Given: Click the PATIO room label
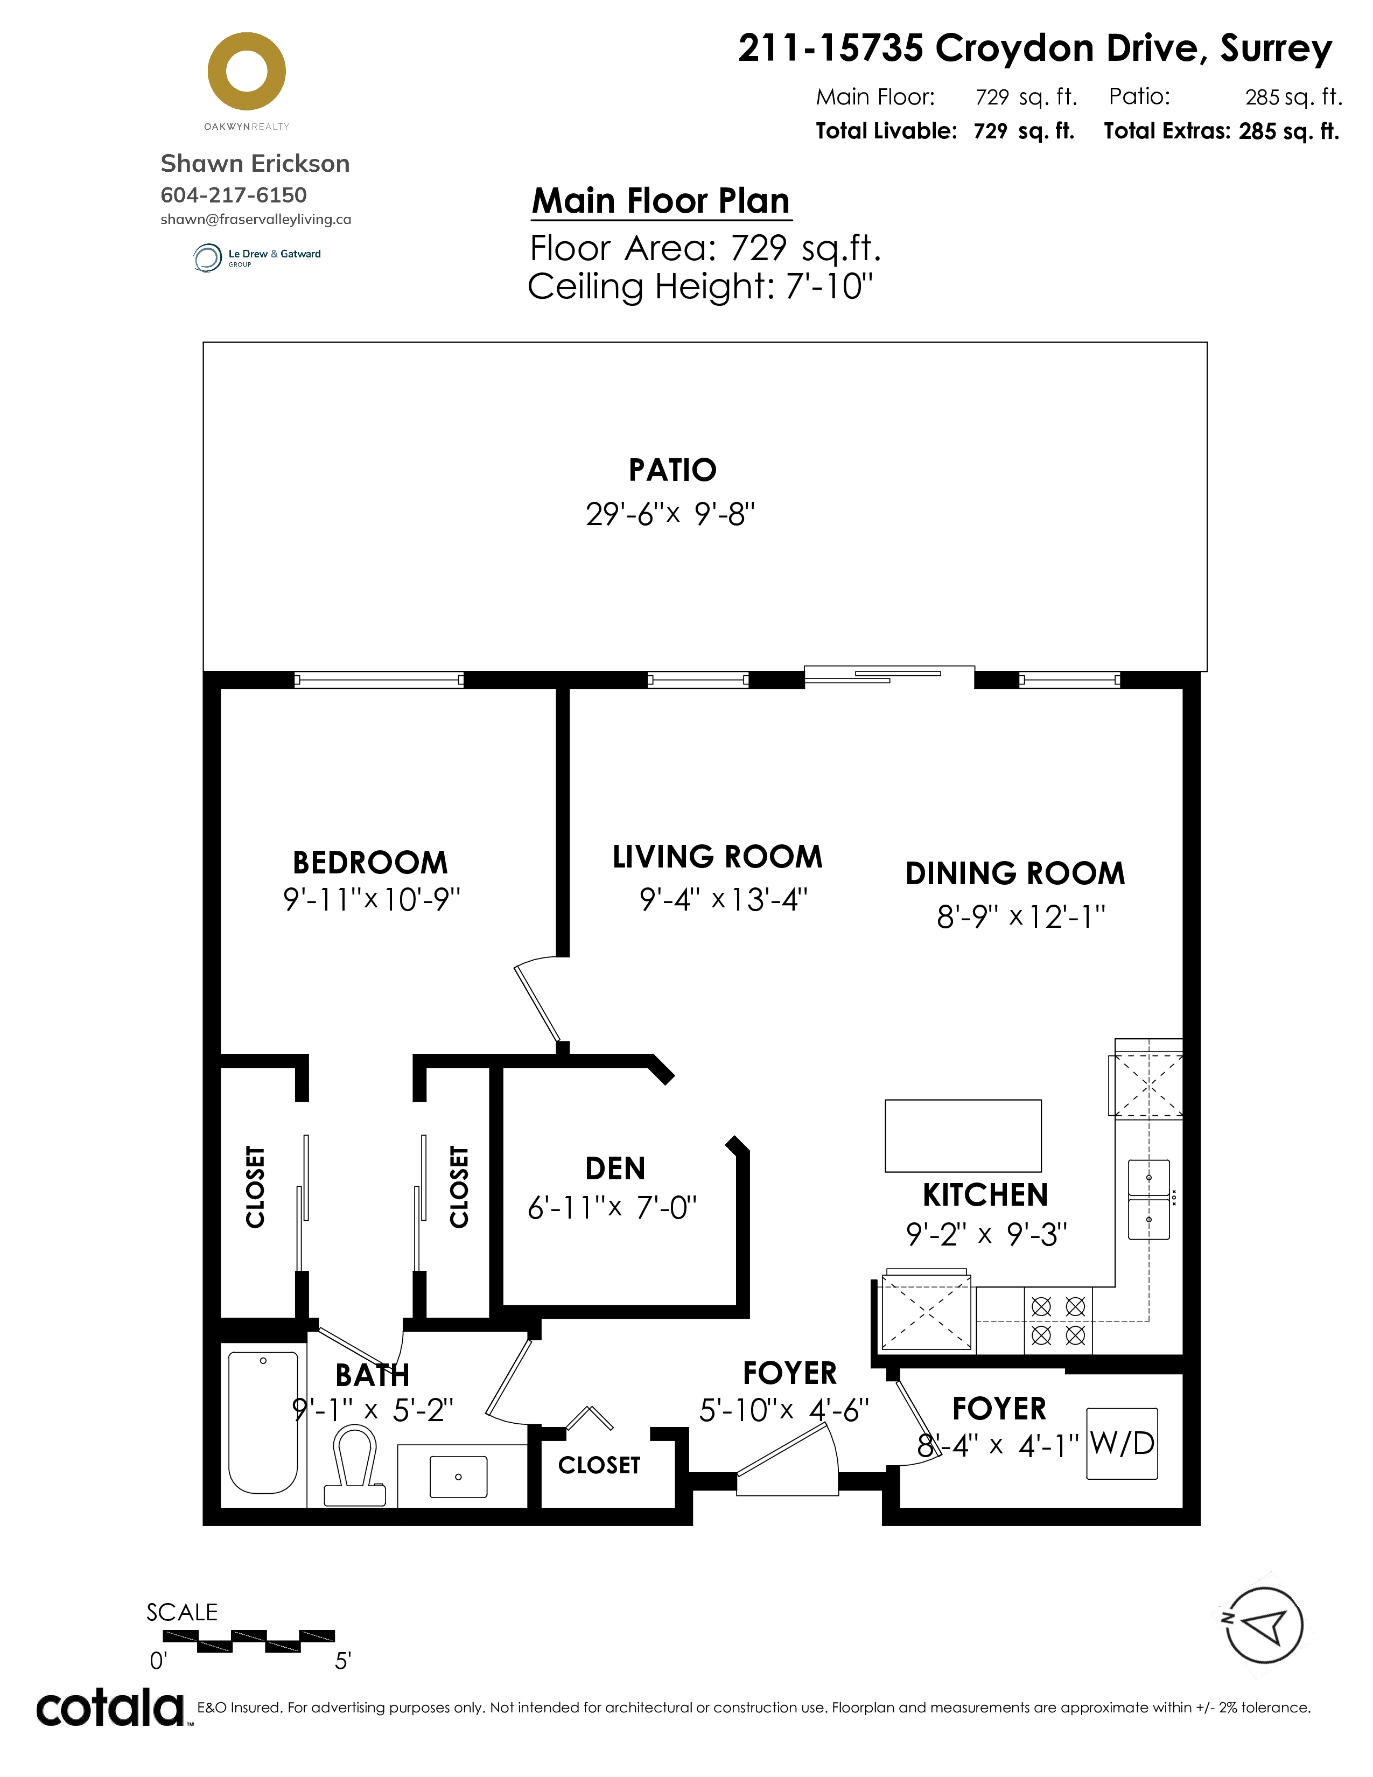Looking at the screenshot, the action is tap(673, 470).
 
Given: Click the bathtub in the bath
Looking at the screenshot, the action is tap(263, 1422).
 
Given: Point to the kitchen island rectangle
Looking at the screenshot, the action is tap(963, 1136).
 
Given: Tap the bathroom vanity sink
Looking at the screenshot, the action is tap(458, 1477).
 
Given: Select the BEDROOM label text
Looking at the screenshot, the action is tap(370, 863).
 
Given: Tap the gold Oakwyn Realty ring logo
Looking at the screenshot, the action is tap(247, 72).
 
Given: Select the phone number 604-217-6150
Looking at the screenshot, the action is tap(234, 195).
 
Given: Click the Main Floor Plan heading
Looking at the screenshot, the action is tap(661, 201).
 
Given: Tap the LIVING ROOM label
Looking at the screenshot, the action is tap(717, 857).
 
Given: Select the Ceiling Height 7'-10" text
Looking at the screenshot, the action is tap(700, 286).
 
